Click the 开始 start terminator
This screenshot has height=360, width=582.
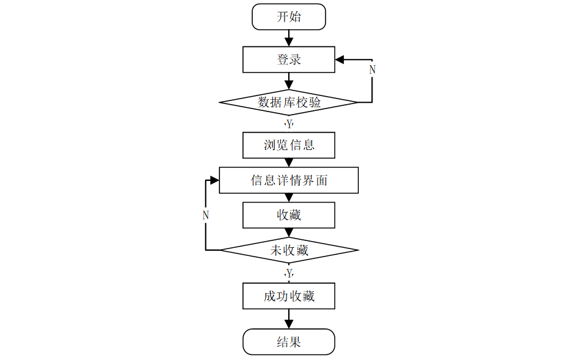coord(289,17)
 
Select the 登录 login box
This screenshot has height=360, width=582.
coord(289,60)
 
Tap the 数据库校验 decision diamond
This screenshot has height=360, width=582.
coord(289,102)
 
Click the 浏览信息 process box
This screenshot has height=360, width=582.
coord(289,145)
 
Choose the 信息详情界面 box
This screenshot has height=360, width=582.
coord(289,180)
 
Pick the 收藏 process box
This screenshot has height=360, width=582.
coord(289,215)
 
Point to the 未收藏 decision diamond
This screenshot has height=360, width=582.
coord(289,250)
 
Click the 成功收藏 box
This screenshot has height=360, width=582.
coord(289,296)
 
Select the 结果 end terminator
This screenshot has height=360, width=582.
coord(289,341)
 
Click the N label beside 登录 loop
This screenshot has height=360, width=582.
coord(372,69)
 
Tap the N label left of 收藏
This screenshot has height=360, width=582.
coord(206,216)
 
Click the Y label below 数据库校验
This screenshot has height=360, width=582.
coord(289,125)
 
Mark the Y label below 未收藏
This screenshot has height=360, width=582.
coord(289,273)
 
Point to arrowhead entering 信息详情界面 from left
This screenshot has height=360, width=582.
coord(214,180)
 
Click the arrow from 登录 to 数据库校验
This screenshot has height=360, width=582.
coord(289,81)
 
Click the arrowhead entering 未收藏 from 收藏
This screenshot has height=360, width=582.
coord(289,234)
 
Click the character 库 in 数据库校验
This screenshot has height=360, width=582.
coord(289,102)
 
